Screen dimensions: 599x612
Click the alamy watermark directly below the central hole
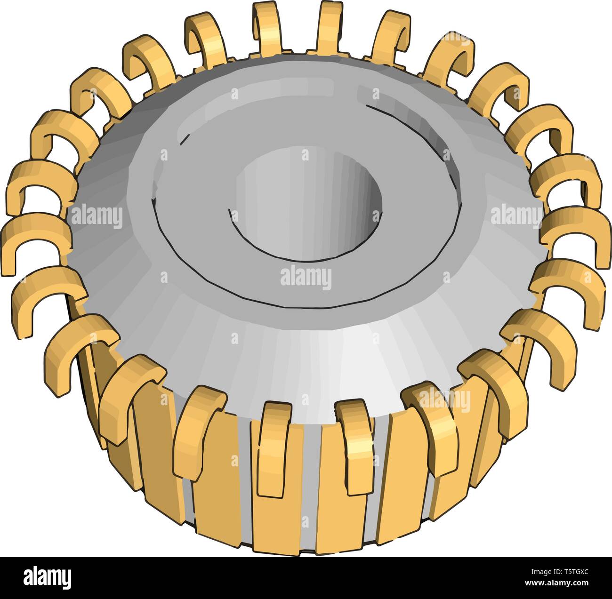coord(306,278)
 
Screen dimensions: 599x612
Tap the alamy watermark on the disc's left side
coord(97,217)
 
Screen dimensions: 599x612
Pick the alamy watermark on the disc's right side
coord(516,216)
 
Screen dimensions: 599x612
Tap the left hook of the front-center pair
coord(273,447)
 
